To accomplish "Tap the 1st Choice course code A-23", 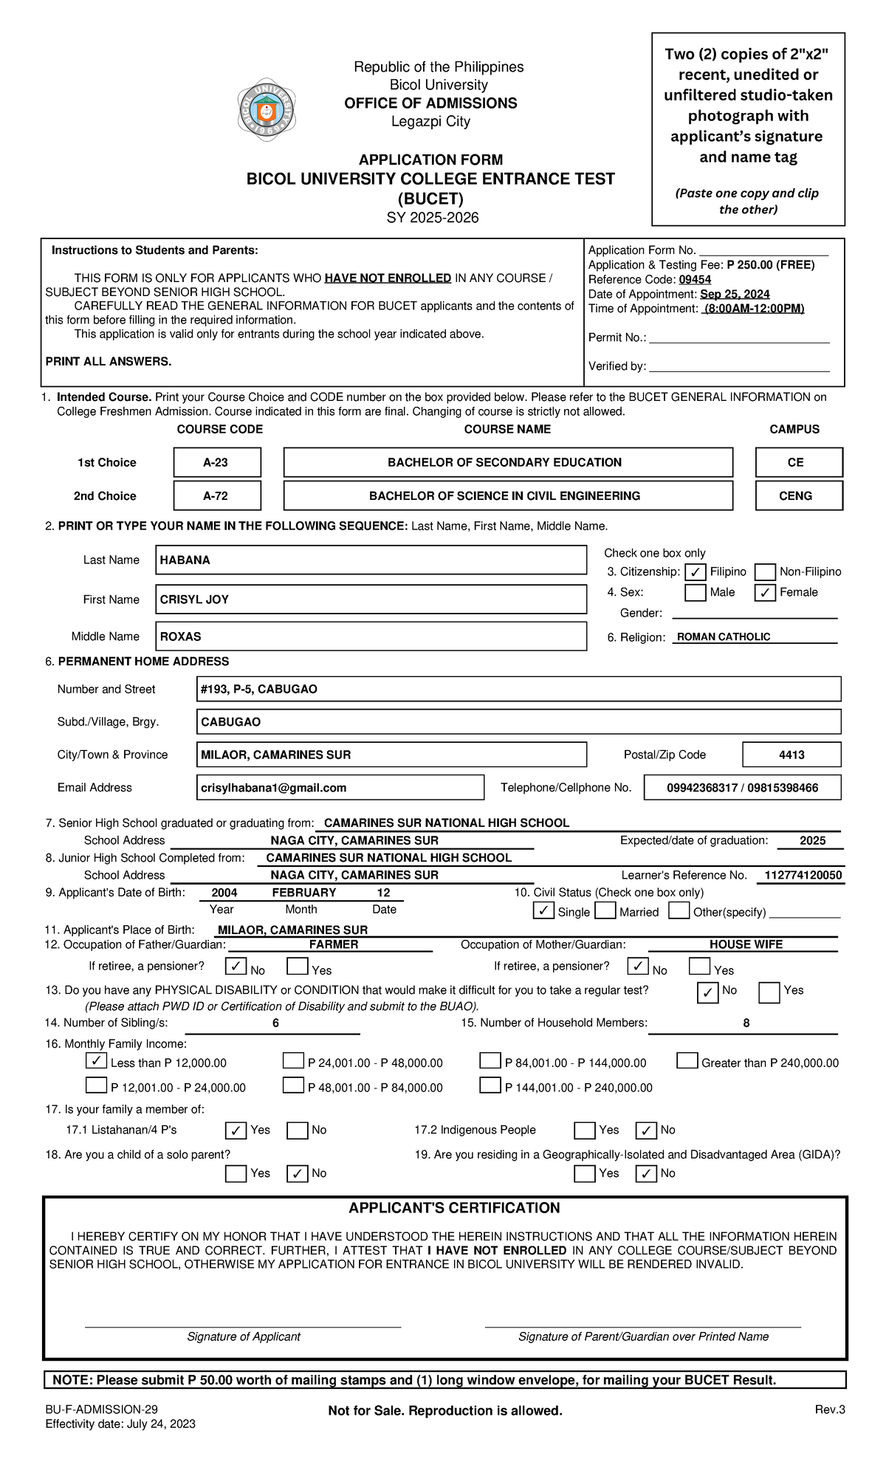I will tap(217, 462).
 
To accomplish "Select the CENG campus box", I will tap(798, 495).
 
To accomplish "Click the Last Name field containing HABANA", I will tap(371, 560).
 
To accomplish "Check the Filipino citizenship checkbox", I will tap(695, 572).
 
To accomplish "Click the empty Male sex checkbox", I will tap(695, 592).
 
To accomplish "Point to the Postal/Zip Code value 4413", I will tap(791, 755).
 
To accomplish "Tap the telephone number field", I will tap(742, 788).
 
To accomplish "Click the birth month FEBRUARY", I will tap(303, 893).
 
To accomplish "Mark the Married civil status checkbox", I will tap(605, 910).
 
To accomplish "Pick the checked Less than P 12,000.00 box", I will tap(96, 1061).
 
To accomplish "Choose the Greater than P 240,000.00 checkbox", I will tap(687, 1061).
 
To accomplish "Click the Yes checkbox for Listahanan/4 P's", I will tap(236, 1130).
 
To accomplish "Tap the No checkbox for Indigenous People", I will tap(646, 1130).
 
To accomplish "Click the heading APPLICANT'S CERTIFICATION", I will tap(454, 1208).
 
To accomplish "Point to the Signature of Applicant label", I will tap(244, 1336).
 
